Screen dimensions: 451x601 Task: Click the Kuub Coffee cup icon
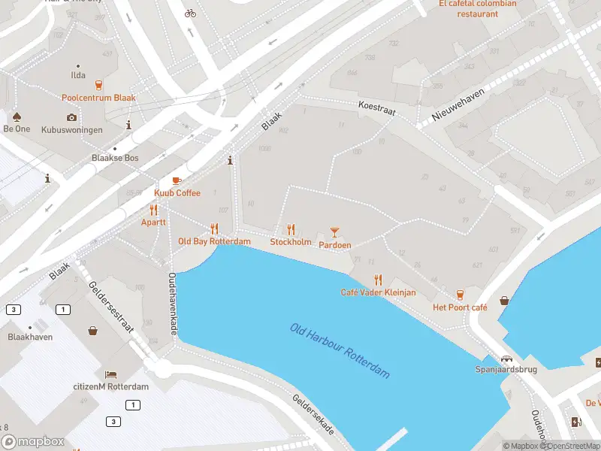(177, 181)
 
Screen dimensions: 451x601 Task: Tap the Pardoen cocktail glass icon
(335, 232)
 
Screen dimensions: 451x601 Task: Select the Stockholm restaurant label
(291, 242)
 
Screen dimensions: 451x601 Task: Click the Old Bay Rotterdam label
(214, 241)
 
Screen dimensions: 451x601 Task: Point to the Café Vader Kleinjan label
(378, 292)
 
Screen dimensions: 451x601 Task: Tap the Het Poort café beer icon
(460, 295)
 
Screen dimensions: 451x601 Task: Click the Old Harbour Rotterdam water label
(340, 350)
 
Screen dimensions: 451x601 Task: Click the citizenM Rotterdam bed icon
(110, 374)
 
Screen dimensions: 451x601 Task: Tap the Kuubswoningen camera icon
(71, 117)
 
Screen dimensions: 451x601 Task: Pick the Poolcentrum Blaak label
(98, 98)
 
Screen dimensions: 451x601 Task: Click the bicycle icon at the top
(190, 13)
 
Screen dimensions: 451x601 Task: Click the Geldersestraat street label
(111, 307)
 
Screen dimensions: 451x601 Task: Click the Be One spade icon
(17, 117)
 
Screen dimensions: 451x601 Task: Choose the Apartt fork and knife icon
(153, 210)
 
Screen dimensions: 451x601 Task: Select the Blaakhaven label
(30, 337)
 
